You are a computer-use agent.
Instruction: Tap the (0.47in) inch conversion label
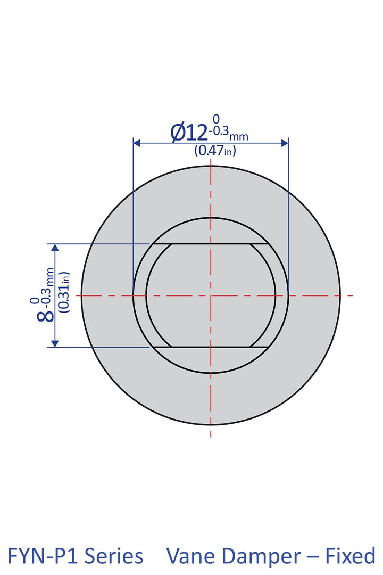(x=215, y=151)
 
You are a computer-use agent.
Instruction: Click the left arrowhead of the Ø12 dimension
(x=137, y=143)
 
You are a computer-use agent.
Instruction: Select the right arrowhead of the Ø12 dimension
(x=285, y=143)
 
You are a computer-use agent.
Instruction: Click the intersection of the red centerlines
(x=211, y=295)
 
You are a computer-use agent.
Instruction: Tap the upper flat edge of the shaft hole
(x=211, y=244)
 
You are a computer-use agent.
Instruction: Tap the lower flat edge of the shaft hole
(x=211, y=347)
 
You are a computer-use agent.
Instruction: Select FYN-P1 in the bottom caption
(x=45, y=556)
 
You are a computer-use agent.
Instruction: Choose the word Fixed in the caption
(x=351, y=556)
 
